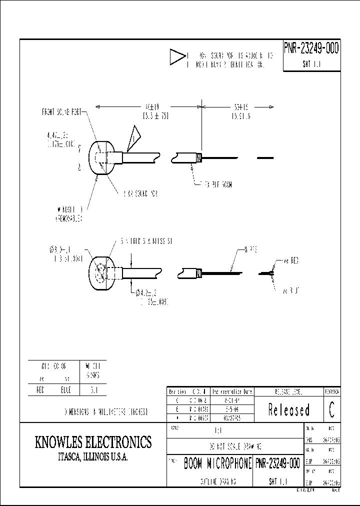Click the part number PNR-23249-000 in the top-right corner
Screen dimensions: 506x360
(x=311, y=48)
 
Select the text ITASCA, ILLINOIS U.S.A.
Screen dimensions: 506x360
(x=93, y=457)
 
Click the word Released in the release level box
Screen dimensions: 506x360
(x=289, y=410)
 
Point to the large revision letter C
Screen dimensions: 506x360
(x=332, y=409)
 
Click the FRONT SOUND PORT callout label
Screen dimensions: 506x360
(x=61, y=112)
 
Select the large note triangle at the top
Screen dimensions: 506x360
(x=177, y=58)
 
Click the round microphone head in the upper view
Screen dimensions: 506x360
(x=101, y=158)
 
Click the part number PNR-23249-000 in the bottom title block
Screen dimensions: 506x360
(x=278, y=464)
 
